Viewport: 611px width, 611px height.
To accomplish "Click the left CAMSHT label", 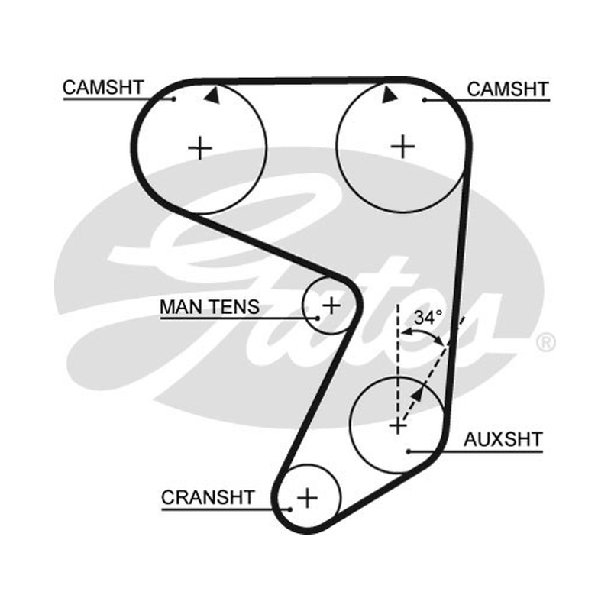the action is pos(103,88).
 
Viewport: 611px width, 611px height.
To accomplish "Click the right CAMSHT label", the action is pos(508,89).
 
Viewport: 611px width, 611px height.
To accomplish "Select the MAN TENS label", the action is pos(209,307).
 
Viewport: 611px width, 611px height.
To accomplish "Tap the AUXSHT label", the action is pos(503,440).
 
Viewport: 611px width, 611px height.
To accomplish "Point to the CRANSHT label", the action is pos(208,498).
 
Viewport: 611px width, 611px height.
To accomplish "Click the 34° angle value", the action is pos(428,318).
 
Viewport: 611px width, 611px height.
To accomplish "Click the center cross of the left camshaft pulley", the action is pos(200,148).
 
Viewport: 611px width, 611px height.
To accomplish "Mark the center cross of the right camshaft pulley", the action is pos(402,147).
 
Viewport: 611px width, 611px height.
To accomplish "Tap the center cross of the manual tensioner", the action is pos(331,305).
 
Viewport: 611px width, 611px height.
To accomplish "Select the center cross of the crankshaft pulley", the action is pos(308,498).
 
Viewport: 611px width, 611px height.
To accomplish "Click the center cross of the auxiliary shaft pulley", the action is pos(398,426).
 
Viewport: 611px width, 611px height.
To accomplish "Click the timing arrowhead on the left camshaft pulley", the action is pos(212,95).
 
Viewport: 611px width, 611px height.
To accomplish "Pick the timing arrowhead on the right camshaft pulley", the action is pos(389,95).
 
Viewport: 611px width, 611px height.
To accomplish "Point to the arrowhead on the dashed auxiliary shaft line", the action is pos(417,393).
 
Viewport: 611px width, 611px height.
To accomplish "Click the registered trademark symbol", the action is pos(546,342).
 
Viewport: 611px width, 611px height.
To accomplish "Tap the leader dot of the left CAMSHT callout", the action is pos(174,99).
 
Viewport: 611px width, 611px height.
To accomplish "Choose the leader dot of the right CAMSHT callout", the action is pos(425,101).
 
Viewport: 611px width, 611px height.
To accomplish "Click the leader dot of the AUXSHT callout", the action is pos(409,452).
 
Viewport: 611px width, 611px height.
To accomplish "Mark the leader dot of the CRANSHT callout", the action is pos(290,509).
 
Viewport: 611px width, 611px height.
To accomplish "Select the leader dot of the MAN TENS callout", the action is pos(318,318).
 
